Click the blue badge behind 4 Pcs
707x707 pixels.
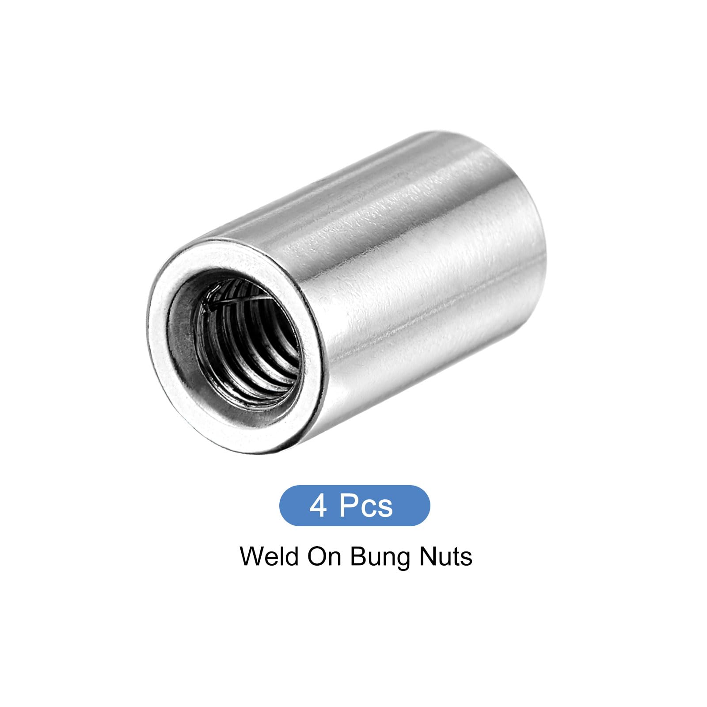354,506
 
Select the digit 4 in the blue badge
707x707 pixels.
318,506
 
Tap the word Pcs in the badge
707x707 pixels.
366,506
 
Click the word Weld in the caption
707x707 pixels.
268,556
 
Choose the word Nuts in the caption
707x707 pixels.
445,557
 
